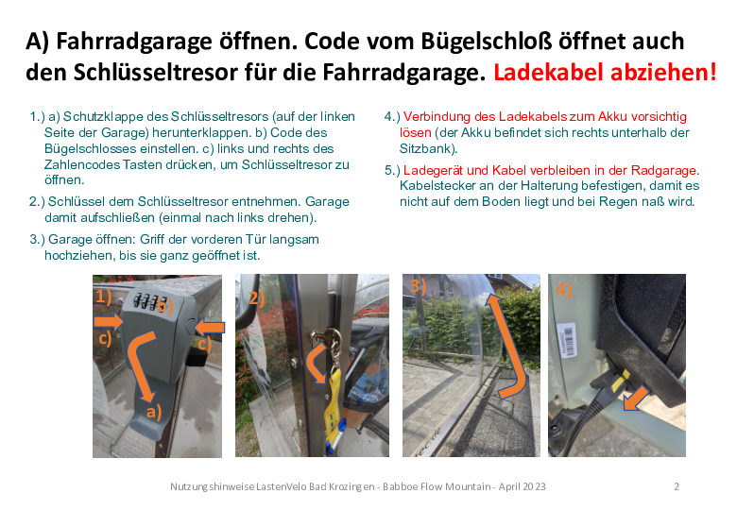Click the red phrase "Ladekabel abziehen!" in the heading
(605, 73)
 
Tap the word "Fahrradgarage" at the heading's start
(134, 42)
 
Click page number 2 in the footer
(677, 486)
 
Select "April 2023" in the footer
(522, 486)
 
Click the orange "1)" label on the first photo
(103, 297)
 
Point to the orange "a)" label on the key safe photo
(154, 412)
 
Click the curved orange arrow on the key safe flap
(141, 365)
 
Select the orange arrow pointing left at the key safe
(209, 327)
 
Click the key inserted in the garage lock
(328, 337)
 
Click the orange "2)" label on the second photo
(257, 297)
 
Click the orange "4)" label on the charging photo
(564, 289)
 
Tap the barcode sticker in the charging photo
(567, 340)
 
